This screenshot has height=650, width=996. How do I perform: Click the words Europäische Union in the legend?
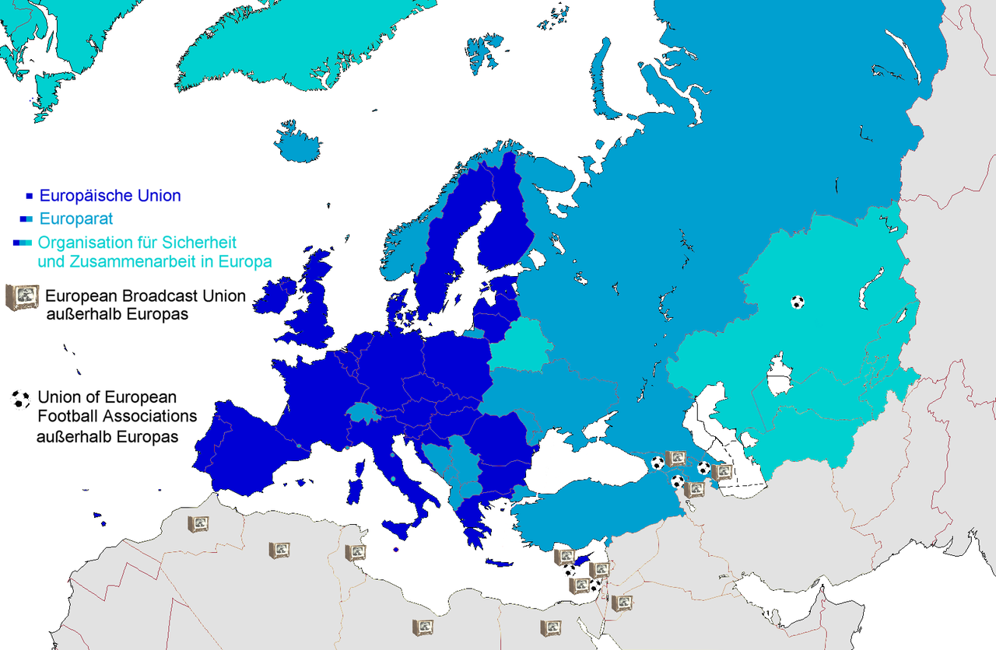coord(110,196)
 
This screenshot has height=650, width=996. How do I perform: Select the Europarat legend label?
coord(76,219)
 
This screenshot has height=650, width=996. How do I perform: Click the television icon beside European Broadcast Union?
coord(22,297)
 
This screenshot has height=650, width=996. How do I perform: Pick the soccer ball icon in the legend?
coord(20,400)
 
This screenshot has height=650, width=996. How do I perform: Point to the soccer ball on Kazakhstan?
coord(797,302)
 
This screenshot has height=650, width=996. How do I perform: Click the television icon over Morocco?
coord(198,524)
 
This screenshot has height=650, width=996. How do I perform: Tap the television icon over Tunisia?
coord(356,553)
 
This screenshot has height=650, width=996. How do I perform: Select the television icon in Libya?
coord(423,627)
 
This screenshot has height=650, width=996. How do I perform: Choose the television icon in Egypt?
coord(551,627)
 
